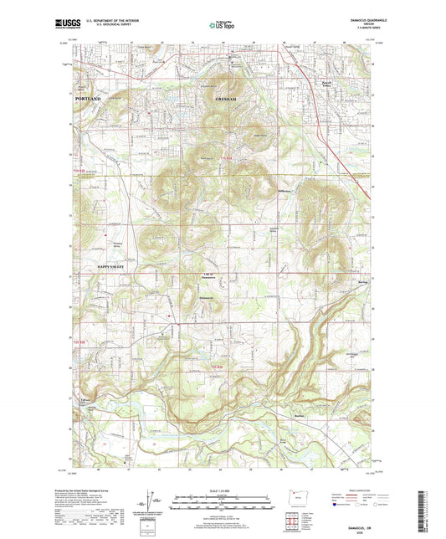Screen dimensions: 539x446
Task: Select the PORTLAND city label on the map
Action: coord(82,99)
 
